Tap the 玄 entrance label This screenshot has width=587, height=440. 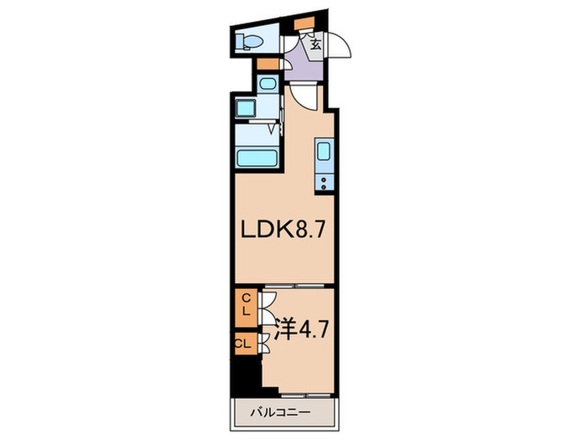coord(314,45)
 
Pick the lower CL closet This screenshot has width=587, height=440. coord(243,343)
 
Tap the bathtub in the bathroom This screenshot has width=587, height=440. coord(257,158)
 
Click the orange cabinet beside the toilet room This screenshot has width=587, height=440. coord(268,64)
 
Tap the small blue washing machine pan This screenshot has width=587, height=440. coord(267,85)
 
